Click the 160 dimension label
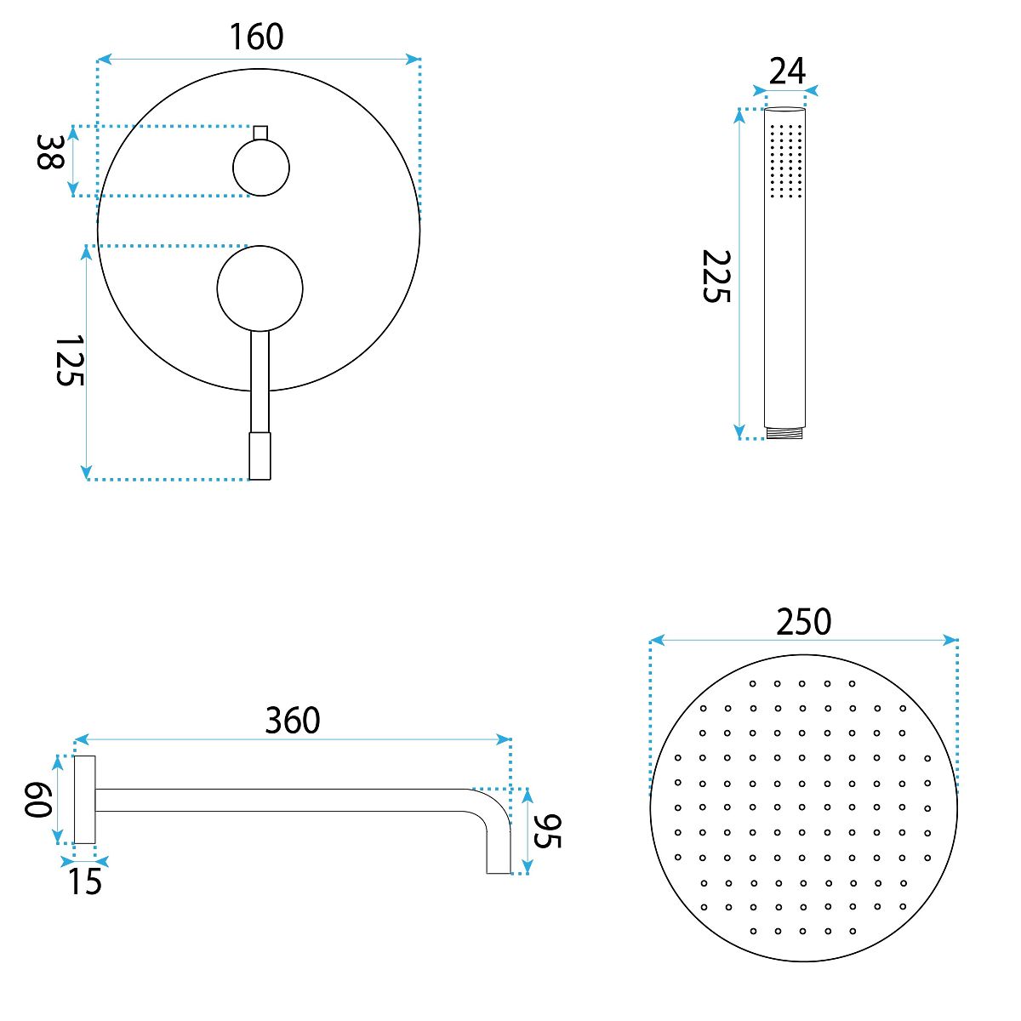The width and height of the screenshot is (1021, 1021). (x=256, y=37)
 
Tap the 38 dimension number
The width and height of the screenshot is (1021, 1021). (x=50, y=152)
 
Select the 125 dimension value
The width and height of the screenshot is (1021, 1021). (x=70, y=360)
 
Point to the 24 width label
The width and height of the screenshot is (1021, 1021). (x=787, y=71)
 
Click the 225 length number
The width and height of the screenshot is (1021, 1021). (x=716, y=276)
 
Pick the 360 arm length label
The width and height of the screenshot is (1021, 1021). (x=293, y=720)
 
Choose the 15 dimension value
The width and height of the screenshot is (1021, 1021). (x=84, y=881)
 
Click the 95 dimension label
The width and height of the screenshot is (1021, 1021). (x=547, y=830)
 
